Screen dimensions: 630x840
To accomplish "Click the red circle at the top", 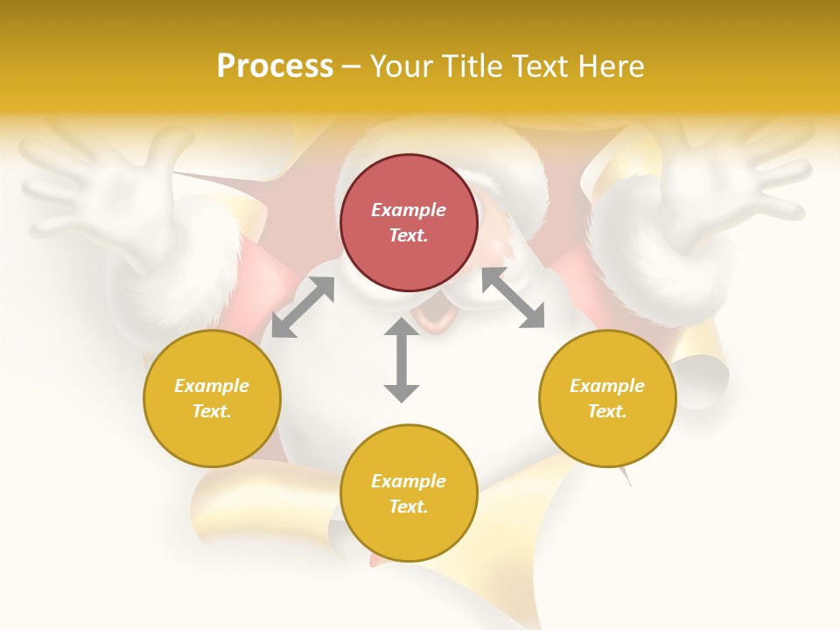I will coord(409,223).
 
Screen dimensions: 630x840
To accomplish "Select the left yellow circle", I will coord(212,398).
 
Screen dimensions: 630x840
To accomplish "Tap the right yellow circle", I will coord(607,398).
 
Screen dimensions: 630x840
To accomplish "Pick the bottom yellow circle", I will coord(409,493).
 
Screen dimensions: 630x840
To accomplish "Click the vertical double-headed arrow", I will coord(402,360).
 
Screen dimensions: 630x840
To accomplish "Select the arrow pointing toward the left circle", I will coord(303,307).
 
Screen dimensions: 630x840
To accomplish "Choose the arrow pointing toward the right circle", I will coord(514,297).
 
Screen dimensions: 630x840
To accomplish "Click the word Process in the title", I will coord(275,66).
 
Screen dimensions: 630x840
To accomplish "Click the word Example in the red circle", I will coord(409,210).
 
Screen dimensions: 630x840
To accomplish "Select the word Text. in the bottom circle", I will coord(409,507).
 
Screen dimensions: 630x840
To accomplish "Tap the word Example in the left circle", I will coord(212,386).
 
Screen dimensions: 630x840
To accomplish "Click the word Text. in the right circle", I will coord(607,411).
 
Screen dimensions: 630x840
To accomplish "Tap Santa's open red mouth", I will coord(433,316).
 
